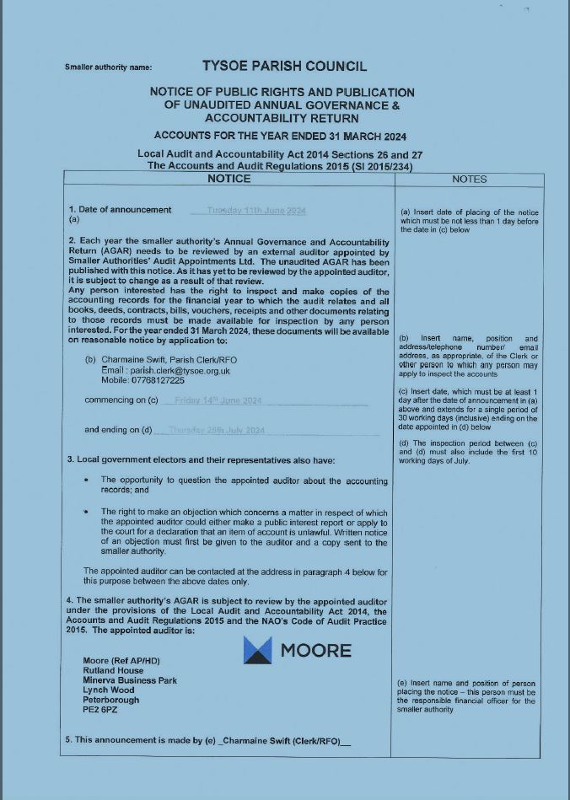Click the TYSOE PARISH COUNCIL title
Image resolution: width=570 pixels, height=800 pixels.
284,66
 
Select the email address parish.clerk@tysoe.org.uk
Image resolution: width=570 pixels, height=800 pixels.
166,370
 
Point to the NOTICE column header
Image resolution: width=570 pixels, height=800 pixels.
229,179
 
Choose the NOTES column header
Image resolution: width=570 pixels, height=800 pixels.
469,180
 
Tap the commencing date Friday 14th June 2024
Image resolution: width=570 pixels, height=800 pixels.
218,400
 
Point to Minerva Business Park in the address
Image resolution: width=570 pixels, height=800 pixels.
130,679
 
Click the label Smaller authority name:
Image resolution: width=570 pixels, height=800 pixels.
108,67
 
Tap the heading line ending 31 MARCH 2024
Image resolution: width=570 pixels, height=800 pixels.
280,135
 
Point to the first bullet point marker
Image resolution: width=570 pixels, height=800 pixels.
88,480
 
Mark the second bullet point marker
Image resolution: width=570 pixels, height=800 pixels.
88,512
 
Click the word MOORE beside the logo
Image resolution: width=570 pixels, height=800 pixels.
315,650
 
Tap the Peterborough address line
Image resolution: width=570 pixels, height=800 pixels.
111,700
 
